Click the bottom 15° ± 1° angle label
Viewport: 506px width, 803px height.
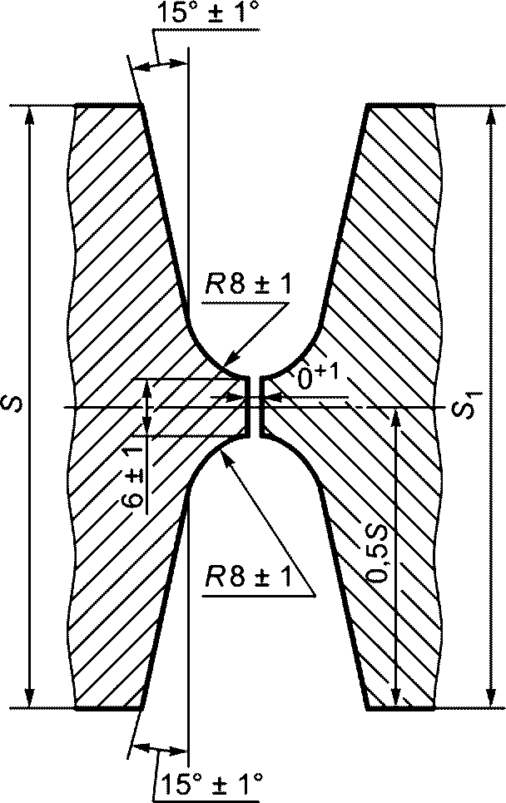[x=211, y=784]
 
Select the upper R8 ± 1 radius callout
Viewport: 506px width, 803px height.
[x=248, y=285]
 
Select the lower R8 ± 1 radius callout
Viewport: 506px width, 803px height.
[x=248, y=577]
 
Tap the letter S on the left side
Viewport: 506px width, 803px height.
[x=15, y=402]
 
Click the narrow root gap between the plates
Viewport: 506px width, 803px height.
[x=255, y=407]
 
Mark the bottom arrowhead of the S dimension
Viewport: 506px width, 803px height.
[x=30, y=698]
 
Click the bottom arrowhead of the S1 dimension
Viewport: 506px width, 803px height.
[x=491, y=698]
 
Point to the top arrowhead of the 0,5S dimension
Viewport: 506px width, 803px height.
[x=396, y=418]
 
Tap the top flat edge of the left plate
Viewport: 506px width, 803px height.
[x=108, y=106]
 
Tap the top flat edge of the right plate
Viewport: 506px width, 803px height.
[x=401, y=106]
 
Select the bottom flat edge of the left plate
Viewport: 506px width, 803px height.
[x=108, y=709]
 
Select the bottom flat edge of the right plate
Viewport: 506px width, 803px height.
[x=401, y=709]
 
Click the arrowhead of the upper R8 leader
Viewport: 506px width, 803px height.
[x=231, y=357]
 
